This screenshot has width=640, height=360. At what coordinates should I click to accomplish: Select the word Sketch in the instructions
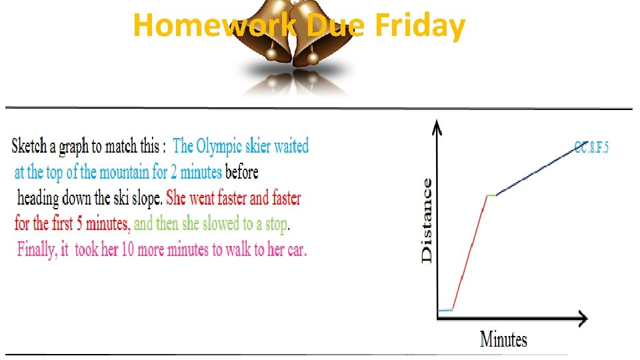(31, 146)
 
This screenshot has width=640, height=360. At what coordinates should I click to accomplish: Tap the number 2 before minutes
(174, 172)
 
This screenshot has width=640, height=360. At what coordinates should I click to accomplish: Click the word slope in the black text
(145, 198)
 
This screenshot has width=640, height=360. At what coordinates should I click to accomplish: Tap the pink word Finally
(35, 249)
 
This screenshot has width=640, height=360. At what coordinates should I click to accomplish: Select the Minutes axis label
(503, 339)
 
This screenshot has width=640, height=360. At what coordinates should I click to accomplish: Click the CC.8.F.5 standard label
(591, 147)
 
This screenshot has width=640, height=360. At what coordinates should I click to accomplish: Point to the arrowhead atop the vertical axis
(437, 125)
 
